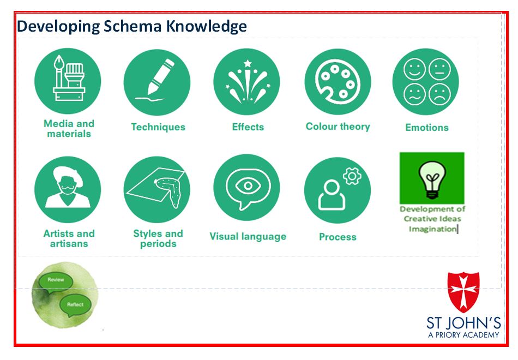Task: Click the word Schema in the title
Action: (132, 26)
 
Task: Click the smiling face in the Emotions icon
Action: (414, 69)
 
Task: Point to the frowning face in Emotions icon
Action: (439, 94)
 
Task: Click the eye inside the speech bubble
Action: (248, 185)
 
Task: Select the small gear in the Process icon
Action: (352, 176)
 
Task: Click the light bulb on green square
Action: (432, 179)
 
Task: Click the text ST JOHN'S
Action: (463, 323)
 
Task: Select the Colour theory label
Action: (338, 127)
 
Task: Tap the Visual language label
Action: (248, 237)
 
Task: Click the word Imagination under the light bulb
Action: (432, 229)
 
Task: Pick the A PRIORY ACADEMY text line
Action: (463, 335)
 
